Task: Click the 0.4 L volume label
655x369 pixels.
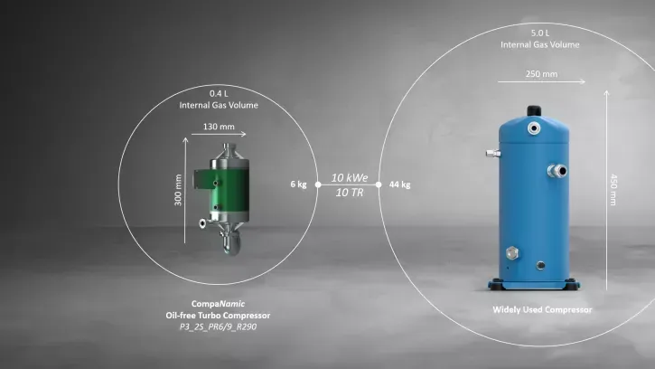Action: point(219,93)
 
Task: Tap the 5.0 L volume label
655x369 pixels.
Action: point(540,33)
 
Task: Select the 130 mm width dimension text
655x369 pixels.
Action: point(219,127)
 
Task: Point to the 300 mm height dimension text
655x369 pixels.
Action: point(178,190)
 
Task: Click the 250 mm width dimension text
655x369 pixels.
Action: point(541,74)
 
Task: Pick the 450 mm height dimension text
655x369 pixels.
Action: point(613,190)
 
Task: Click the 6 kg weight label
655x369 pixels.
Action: point(298,184)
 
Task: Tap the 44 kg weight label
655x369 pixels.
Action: point(399,184)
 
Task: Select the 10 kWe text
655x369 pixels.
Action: point(350,178)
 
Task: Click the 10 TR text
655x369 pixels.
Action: point(350,193)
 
